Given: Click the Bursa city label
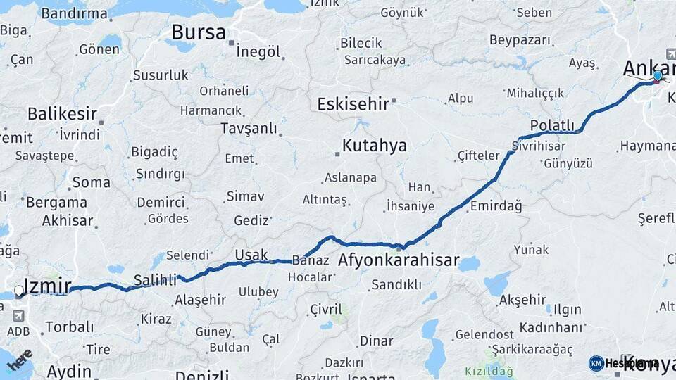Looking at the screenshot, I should tap(199, 32).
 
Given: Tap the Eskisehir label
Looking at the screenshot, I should tap(353, 104).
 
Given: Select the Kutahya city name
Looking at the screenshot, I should tap(374, 146).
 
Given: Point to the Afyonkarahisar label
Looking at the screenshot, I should tap(399, 260).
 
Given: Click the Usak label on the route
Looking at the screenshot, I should tap(251, 253).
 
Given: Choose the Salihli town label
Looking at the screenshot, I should tap(154, 280).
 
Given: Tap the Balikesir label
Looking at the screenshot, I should tap(61, 113).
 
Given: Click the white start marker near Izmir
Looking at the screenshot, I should tap(18, 291).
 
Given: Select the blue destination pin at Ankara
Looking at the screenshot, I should tap(658, 76).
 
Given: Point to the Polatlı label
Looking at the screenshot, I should tap(553, 125).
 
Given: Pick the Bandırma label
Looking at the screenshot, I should tap(75, 13).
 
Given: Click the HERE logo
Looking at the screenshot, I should tap(19, 360).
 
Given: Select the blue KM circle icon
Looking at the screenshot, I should tap(596, 363).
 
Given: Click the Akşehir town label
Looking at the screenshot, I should tap(522, 300).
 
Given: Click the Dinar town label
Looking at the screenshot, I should tap(376, 341).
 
